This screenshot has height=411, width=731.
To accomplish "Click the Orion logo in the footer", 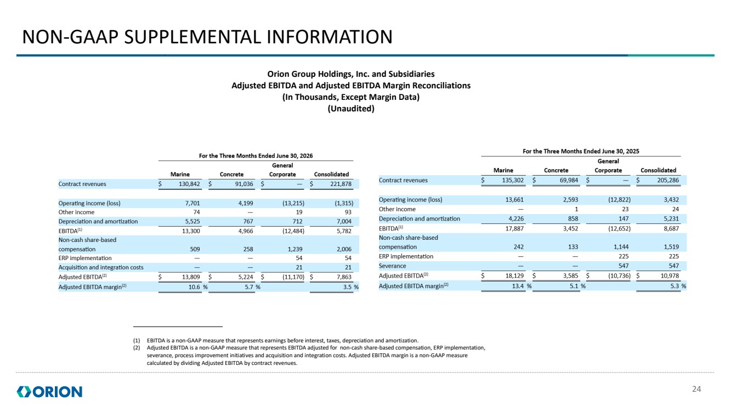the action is pos(49,392).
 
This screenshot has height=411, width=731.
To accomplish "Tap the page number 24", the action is pos(696,389).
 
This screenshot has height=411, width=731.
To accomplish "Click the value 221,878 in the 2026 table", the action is pos(341,184).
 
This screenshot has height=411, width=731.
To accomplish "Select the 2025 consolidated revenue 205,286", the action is pos(668,180).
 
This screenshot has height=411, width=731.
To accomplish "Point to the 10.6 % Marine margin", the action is pos(199,287).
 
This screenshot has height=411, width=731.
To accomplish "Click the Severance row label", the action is pos(392,266).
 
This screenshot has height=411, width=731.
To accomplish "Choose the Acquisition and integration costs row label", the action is pos(101,267).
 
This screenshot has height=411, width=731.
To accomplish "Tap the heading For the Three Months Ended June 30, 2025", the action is pos(581,151).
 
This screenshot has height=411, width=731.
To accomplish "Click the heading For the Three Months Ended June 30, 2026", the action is pos(256,156).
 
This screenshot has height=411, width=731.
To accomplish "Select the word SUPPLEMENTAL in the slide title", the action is pos(193,37).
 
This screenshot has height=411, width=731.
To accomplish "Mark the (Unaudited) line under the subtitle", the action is pos(351,109).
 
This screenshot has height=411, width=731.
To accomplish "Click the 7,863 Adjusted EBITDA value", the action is pos(344,277).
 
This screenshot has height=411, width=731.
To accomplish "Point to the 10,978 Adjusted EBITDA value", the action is pos(670,275).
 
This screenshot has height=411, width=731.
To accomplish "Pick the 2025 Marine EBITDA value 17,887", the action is pos(514,228).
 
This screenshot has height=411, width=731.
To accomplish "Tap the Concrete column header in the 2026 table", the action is pos(232,174).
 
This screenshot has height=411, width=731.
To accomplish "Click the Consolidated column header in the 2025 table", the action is pos(658,170).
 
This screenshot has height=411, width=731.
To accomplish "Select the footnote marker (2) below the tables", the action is pos(137,348).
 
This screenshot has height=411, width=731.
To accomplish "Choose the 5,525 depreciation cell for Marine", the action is pos(192,221).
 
